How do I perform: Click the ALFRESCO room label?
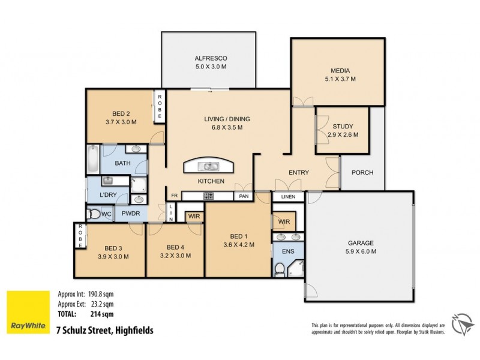click(x=210, y=58)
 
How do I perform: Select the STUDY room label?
click(x=343, y=127)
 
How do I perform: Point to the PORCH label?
click(x=362, y=173)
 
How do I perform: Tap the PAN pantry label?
click(x=244, y=196)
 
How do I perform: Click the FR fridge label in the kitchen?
click(x=175, y=196)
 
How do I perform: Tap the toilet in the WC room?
click(x=94, y=213)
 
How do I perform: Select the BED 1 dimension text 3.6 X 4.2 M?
click(x=239, y=244)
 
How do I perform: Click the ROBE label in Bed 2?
click(x=159, y=106)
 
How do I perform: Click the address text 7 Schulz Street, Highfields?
click(x=104, y=330)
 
